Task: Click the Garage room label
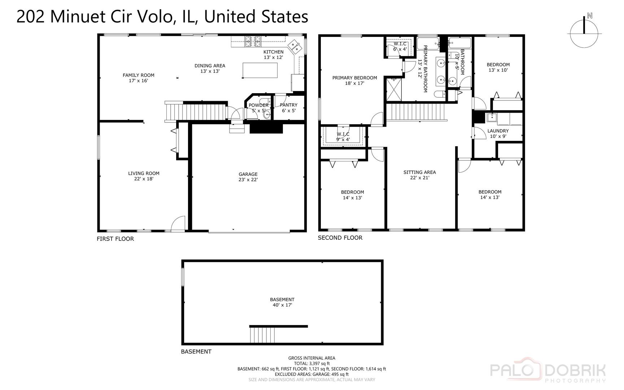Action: [x=248, y=174]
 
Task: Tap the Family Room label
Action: [x=138, y=75]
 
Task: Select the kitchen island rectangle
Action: [x=260, y=70]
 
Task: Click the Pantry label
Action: [x=288, y=105]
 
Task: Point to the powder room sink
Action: [x=267, y=115]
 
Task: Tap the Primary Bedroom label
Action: [x=354, y=78]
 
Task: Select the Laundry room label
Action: [x=498, y=131]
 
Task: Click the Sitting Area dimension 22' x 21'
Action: [x=419, y=178]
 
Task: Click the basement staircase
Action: [x=262, y=334]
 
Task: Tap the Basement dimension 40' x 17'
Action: [x=282, y=305]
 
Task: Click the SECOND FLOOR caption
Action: [x=340, y=238]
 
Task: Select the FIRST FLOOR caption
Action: [x=115, y=239]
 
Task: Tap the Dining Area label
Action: [x=210, y=65]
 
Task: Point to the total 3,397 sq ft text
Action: [x=311, y=364]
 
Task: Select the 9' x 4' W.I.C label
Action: [x=343, y=136]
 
